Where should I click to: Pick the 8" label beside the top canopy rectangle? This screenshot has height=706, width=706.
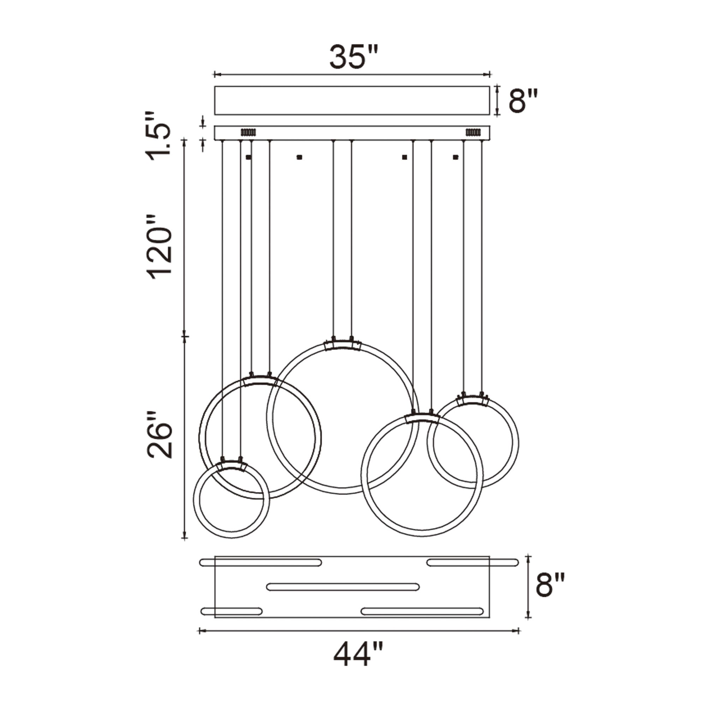click(523, 101)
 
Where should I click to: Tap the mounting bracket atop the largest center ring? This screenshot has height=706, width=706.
click(342, 345)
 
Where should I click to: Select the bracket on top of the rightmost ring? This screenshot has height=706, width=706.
click(473, 400)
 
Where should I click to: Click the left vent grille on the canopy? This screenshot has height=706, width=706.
click(248, 132)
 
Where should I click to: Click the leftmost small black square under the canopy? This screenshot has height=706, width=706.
click(249, 157)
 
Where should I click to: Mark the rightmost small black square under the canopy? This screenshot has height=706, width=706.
click(455, 157)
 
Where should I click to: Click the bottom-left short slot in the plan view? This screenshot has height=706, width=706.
click(231, 611)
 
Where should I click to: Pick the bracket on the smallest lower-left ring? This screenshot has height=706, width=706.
click(231, 466)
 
